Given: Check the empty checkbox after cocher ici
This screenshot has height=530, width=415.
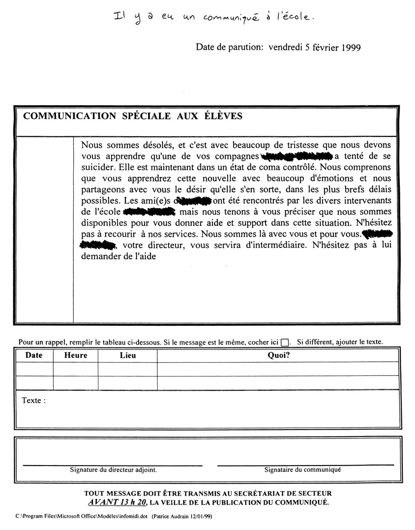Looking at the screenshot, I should tap(285, 343).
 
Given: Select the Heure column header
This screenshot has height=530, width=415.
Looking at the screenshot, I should tap(76, 355).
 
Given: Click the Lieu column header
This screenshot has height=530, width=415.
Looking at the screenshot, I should tap(128, 355).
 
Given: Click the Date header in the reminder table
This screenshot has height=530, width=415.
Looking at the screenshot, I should tap(34, 355).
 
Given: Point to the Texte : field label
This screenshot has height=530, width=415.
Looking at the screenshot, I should tap(34, 401).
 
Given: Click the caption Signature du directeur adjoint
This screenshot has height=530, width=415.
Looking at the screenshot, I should tap(114, 470).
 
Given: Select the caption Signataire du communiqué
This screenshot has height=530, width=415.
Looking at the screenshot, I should tap(302, 470).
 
